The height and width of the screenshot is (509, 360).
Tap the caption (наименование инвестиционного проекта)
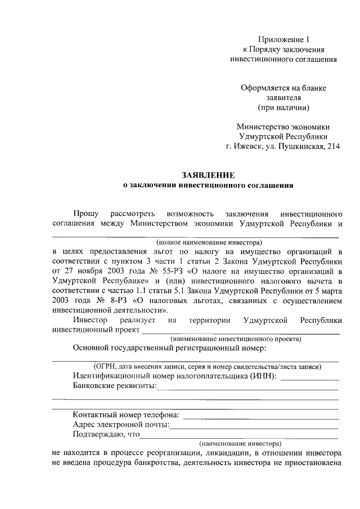pyautogui.click(x=235, y=339)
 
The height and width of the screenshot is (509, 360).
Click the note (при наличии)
pyautogui.click(x=283, y=107)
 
